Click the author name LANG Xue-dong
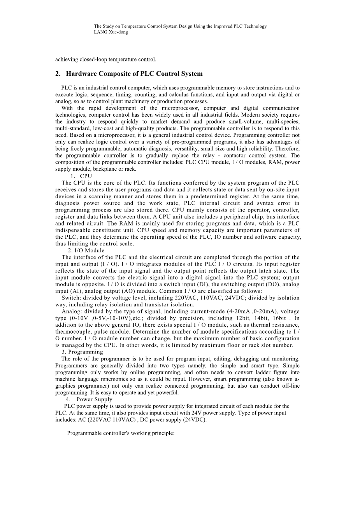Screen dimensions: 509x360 [111, 32]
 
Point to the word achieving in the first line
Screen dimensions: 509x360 [67, 59]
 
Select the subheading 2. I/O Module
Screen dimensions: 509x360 [86, 250]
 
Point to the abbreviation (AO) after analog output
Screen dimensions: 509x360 [156, 291]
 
